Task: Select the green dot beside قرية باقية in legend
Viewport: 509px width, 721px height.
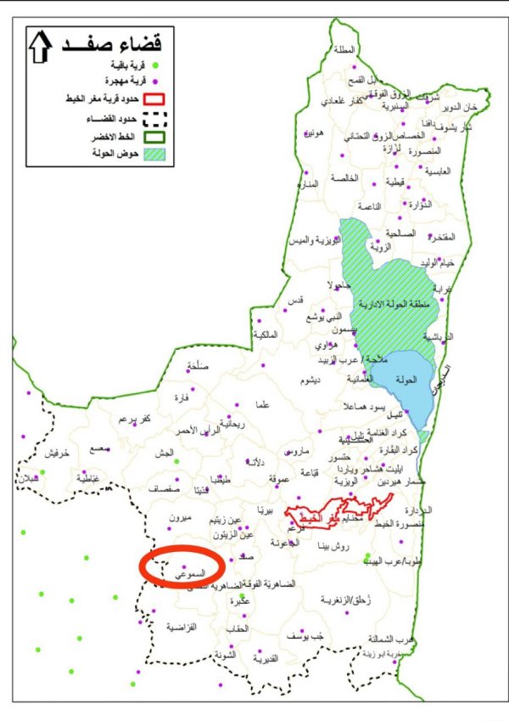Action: point(155,65)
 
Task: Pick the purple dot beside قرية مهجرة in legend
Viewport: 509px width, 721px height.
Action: point(155,80)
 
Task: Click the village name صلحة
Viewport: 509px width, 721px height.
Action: point(197,367)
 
